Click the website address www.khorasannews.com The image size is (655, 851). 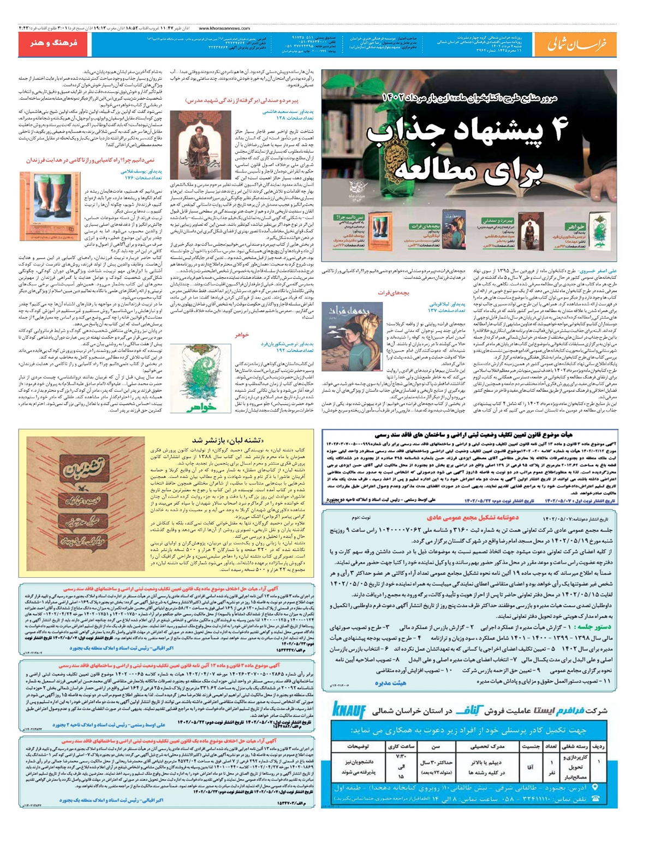point(224,28)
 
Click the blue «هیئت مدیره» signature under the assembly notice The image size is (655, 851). point(390,682)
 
